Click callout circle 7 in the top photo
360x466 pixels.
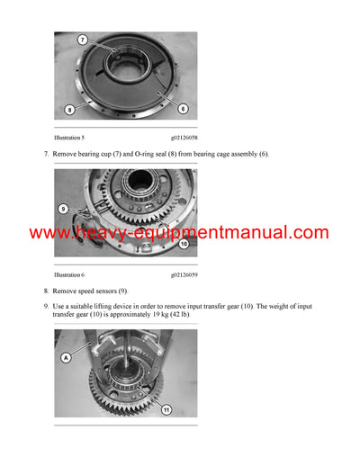83,40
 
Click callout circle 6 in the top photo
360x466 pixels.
184,108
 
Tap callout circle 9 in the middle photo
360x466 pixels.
64,209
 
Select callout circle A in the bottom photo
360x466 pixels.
65,357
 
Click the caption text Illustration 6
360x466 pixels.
70,273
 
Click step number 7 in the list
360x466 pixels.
46,155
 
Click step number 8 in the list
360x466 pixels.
46,291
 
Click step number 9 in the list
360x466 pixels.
46,308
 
